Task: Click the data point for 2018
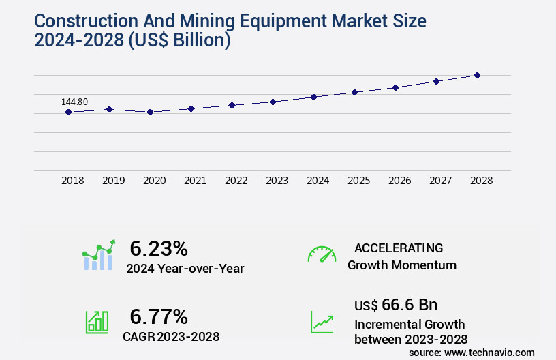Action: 69,112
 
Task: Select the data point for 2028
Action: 477,75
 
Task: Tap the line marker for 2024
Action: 313,97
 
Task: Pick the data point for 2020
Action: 150,112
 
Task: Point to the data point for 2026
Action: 395,87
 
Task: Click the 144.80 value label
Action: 74,102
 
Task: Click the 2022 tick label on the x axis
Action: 236,181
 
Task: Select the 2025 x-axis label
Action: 358,181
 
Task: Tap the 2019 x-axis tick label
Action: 113,181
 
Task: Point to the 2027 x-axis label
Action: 440,181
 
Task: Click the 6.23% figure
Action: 158,248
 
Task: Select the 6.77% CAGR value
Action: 158,316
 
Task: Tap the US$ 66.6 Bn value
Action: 396,304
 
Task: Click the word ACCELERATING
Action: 399,248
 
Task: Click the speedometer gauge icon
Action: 322,254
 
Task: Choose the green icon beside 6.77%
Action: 97,322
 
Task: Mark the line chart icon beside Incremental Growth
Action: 322,322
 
